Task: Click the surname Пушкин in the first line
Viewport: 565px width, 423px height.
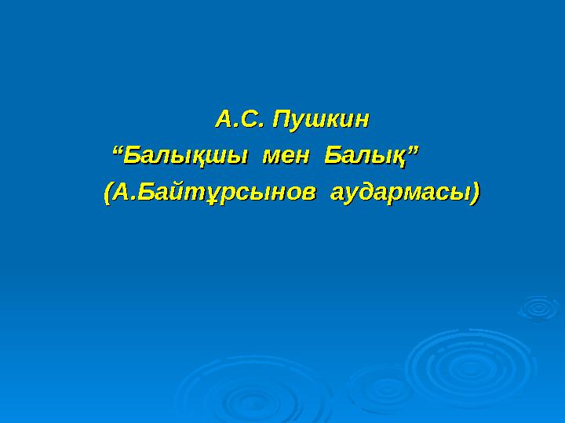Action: [x=320, y=120]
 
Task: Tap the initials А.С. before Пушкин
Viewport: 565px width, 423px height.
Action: [x=239, y=120]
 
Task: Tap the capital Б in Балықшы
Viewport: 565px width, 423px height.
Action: [x=133, y=154]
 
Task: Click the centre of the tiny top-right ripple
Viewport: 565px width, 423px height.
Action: [x=538, y=307]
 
